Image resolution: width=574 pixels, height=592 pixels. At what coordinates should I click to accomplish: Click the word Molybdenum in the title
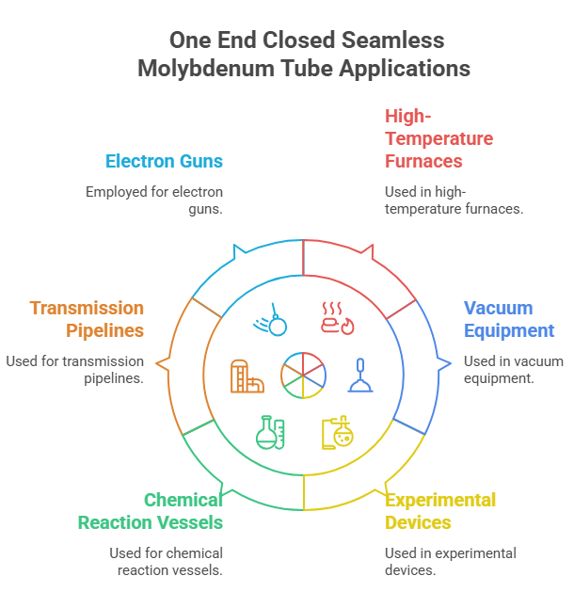210,69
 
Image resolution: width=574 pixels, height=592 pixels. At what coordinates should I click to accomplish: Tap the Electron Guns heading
164,161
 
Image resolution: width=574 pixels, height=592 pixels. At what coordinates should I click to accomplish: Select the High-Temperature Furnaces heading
438,138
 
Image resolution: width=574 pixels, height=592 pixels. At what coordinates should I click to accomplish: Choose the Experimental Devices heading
440,511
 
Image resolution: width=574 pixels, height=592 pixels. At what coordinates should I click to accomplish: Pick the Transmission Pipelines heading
87,319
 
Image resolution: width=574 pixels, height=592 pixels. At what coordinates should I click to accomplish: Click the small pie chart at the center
303,375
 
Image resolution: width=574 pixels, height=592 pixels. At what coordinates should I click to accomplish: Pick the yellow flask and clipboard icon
337,432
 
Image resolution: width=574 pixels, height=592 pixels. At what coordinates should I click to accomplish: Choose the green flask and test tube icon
271,432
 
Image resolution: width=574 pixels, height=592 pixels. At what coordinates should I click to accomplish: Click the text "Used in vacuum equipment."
513,370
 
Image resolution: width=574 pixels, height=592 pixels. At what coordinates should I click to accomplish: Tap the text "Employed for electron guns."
154,200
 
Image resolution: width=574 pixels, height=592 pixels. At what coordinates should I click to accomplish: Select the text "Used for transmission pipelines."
75,370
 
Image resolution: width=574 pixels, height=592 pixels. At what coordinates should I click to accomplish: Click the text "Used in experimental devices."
451,562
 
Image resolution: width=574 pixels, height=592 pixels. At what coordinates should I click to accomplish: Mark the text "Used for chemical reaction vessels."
166,562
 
